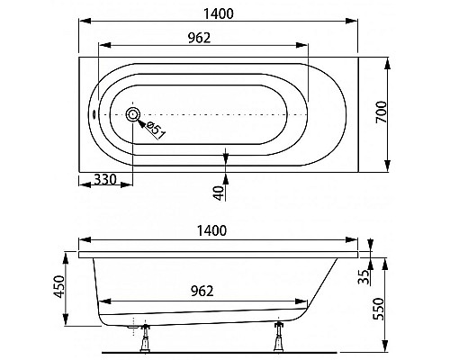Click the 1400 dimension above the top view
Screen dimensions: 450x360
[x=219, y=13]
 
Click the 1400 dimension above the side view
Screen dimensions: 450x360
[x=211, y=230]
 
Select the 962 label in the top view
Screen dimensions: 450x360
[x=200, y=38]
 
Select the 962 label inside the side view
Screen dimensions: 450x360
[x=202, y=291]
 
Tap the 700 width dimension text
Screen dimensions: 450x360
[x=382, y=112]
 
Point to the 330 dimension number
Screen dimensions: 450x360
[x=105, y=179]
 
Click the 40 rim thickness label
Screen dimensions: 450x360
[x=220, y=193]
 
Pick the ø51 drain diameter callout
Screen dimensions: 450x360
[x=156, y=130]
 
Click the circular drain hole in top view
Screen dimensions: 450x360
[x=133, y=114]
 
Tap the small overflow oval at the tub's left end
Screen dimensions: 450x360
[x=94, y=114]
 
